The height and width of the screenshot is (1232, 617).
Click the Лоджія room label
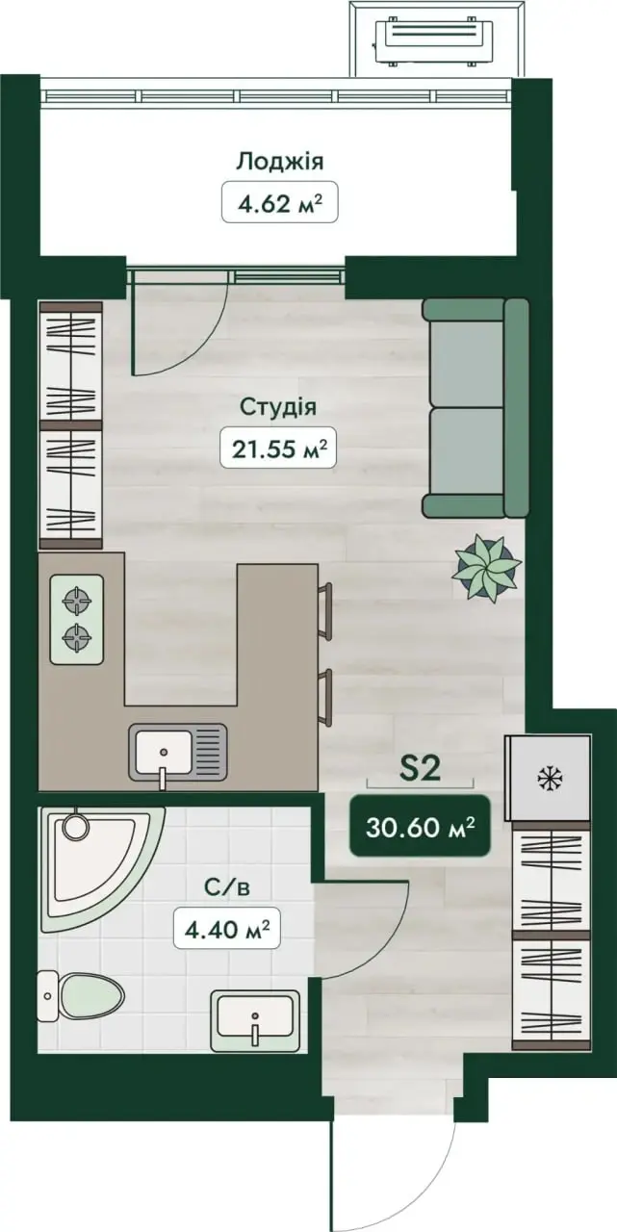[x=279, y=163]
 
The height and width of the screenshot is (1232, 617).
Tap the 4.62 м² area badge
[x=279, y=202]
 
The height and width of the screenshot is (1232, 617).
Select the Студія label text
[x=278, y=407]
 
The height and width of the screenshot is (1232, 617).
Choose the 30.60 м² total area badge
[x=420, y=826]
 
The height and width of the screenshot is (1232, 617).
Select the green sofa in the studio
[x=476, y=407]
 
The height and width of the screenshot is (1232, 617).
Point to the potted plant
[x=486, y=568]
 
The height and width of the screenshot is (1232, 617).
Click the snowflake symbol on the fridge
[x=547, y=779]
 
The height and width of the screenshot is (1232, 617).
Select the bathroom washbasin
[x=255, y=1021]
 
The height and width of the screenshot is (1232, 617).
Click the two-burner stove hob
[x=76, y=619]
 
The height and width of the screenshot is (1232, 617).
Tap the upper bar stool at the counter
[x=325, y=610]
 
